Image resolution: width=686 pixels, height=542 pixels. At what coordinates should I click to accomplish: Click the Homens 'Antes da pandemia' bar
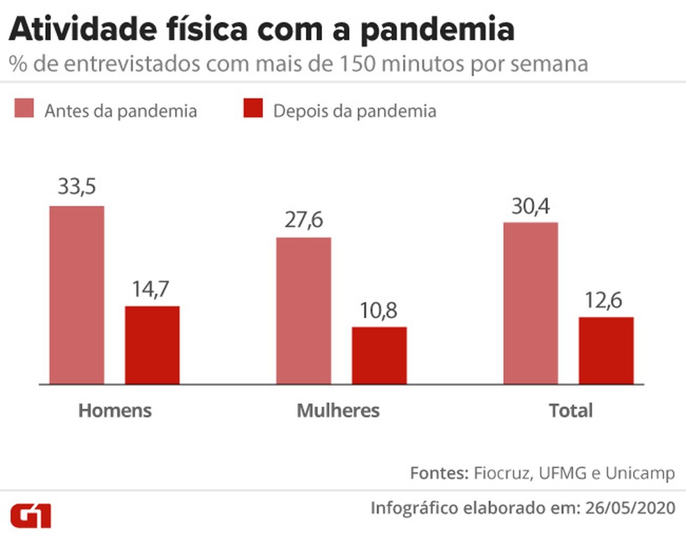(x=76, y=295)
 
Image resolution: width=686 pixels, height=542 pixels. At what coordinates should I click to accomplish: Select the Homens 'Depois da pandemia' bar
(x=152, y=345)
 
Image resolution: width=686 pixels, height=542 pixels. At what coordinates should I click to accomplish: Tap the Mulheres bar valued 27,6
(x=303, y=310)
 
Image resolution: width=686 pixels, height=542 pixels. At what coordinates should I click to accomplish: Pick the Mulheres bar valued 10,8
(x=379, y=356)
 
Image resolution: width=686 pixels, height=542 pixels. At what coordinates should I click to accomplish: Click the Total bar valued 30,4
(x=531, y=303)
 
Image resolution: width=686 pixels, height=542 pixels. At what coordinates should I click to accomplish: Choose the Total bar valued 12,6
(x=607, y=351)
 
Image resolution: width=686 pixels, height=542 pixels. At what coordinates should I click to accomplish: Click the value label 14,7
(x=152, y=289)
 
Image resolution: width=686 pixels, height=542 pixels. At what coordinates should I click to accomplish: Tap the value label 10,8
(x=379, y=310)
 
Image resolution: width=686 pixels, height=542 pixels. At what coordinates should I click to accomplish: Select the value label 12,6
(x=607, y=300)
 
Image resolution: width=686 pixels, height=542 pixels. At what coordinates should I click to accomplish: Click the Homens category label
(x=114, y=410)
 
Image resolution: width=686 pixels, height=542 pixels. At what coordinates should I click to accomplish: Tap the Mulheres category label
(x=338, y=410)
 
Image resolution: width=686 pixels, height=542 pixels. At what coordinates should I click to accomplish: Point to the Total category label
(x=570, y=410)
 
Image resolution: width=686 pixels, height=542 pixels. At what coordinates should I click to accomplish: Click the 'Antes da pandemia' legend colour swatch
(x=24, y=110)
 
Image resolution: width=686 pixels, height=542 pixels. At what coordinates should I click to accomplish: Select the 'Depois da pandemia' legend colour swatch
(x=252, y=110)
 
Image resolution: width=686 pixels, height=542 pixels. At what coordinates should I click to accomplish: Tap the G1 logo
(x=31, y=515)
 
